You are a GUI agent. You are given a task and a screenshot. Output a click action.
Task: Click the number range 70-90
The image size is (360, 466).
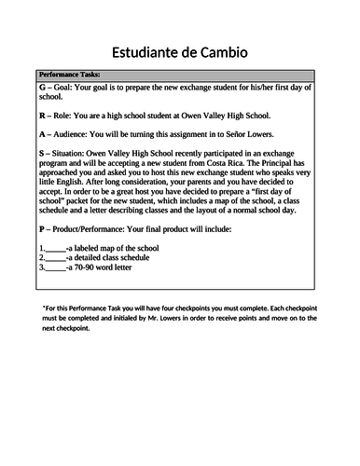point(86,267)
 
